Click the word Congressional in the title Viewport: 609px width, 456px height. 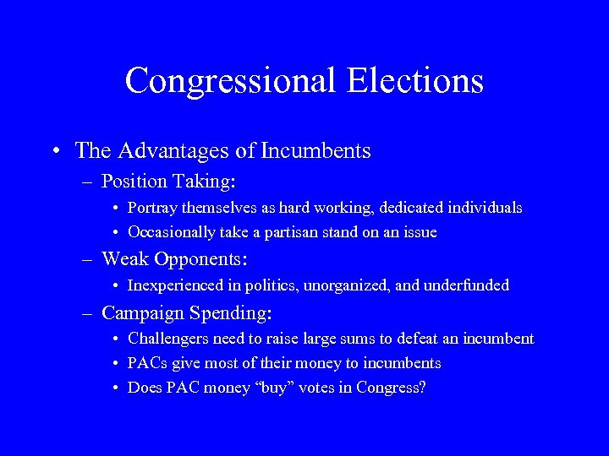pos(229,80)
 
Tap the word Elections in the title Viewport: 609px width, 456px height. pos(414,80)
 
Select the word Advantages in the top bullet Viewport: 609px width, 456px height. pos(166,151)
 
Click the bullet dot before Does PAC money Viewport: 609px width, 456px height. pos(115,388)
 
